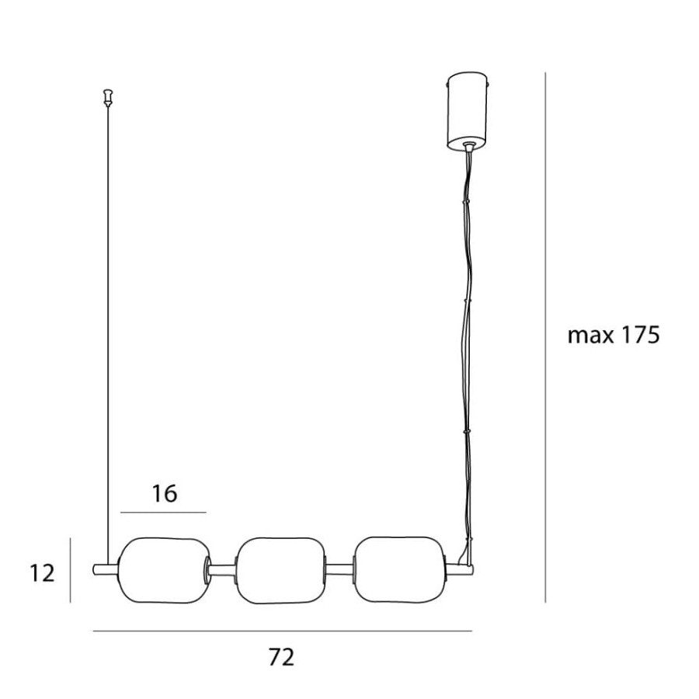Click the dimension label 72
click(x=282, y=658)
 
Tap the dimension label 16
click(x=165, y=494)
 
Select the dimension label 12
click(x=43, y=573)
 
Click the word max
click(x=591, y=336)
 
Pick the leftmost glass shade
click(x=164, y=571)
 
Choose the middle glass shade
click(x=280, y=571)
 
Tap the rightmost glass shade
click(x=399, y=571)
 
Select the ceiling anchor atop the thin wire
click(x=107, y=98)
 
